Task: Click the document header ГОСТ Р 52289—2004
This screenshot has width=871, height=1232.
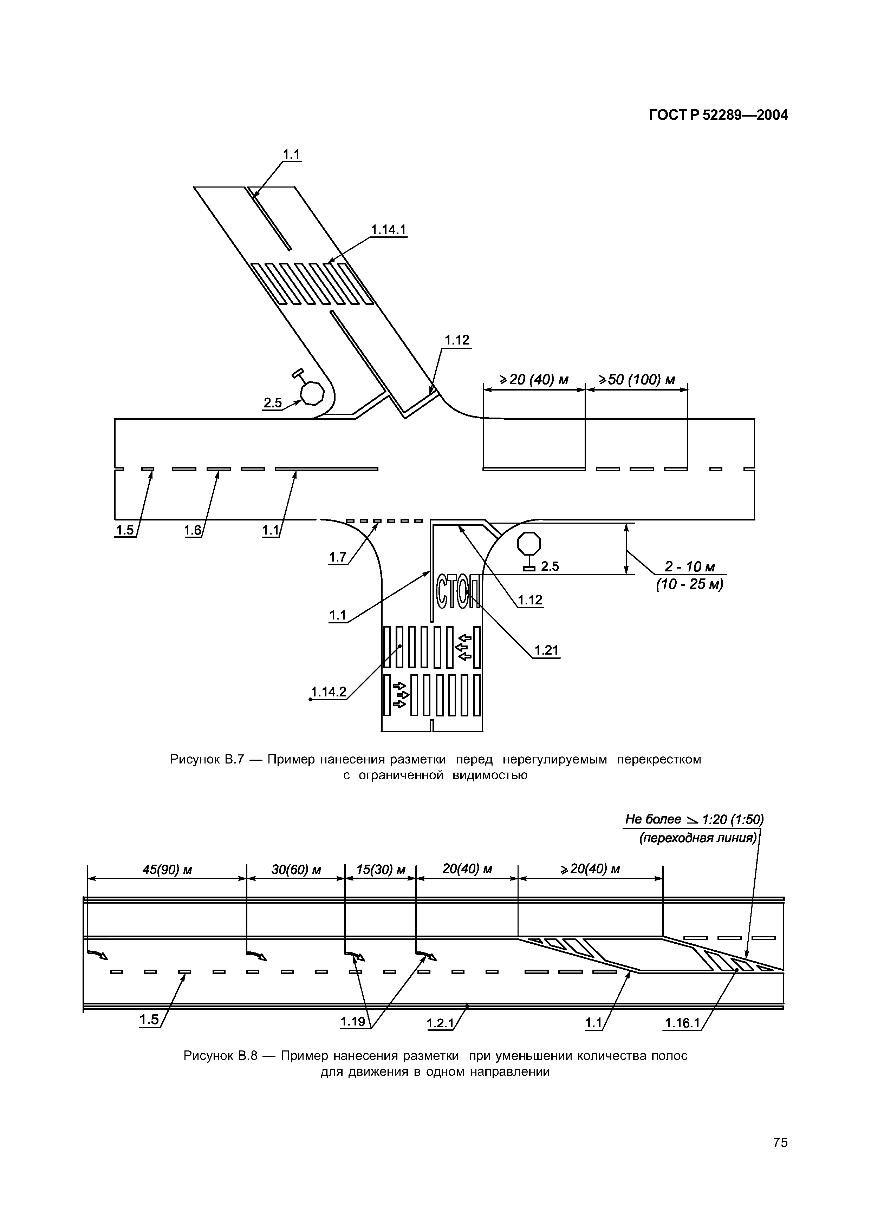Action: point(719,115)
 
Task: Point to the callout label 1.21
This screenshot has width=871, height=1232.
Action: point(546,650)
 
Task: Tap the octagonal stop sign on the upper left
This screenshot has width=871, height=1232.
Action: point(312,393)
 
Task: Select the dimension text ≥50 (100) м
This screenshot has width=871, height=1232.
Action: point(637,380)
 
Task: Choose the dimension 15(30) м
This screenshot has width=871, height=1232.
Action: point(381,869)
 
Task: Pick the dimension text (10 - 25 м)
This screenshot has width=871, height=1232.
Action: point(690,584)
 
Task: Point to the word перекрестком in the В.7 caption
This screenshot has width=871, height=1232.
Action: point(659,759)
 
